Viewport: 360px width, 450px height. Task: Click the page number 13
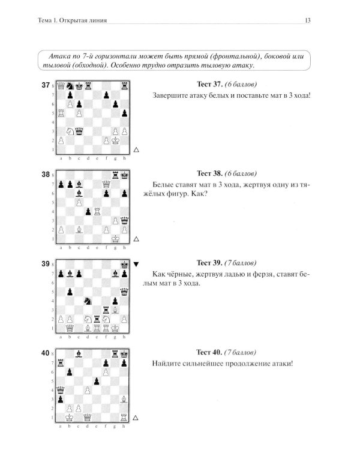[307, 20]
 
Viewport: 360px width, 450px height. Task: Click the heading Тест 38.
[209, 173]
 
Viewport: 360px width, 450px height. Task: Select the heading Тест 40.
[209, 352]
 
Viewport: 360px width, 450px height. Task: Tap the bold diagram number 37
[46, 85]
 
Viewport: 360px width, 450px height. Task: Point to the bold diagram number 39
[46, 264]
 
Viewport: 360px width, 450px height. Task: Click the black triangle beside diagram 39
[136, 265]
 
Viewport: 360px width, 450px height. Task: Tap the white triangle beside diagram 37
[136, 150]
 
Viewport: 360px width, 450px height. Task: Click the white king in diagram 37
[115, 140]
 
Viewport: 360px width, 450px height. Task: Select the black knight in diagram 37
[70, 86]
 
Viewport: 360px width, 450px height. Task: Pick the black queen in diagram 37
[79, 131]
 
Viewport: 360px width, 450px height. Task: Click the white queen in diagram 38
[106, 184]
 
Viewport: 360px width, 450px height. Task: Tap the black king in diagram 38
[124, 175]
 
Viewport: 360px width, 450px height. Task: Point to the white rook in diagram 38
[97, 212]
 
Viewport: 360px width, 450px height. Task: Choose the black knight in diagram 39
[88, 301]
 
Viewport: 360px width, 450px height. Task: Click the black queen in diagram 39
[124, 292]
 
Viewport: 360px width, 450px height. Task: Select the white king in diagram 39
[115, 328]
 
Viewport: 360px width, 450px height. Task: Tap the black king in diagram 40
[124, 354]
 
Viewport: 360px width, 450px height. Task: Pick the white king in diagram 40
[69, 417]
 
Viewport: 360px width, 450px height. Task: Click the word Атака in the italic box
[60, 56]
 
